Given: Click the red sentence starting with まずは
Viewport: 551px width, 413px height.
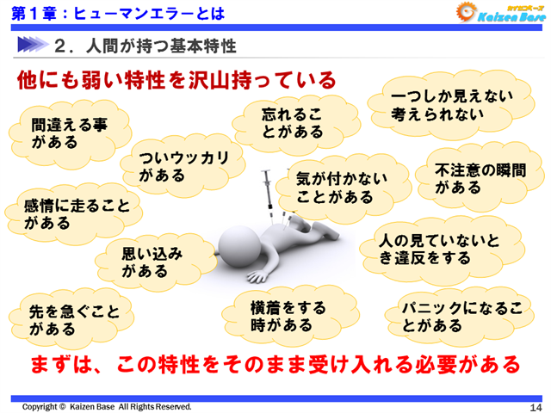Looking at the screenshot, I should (x=275, y=363).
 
